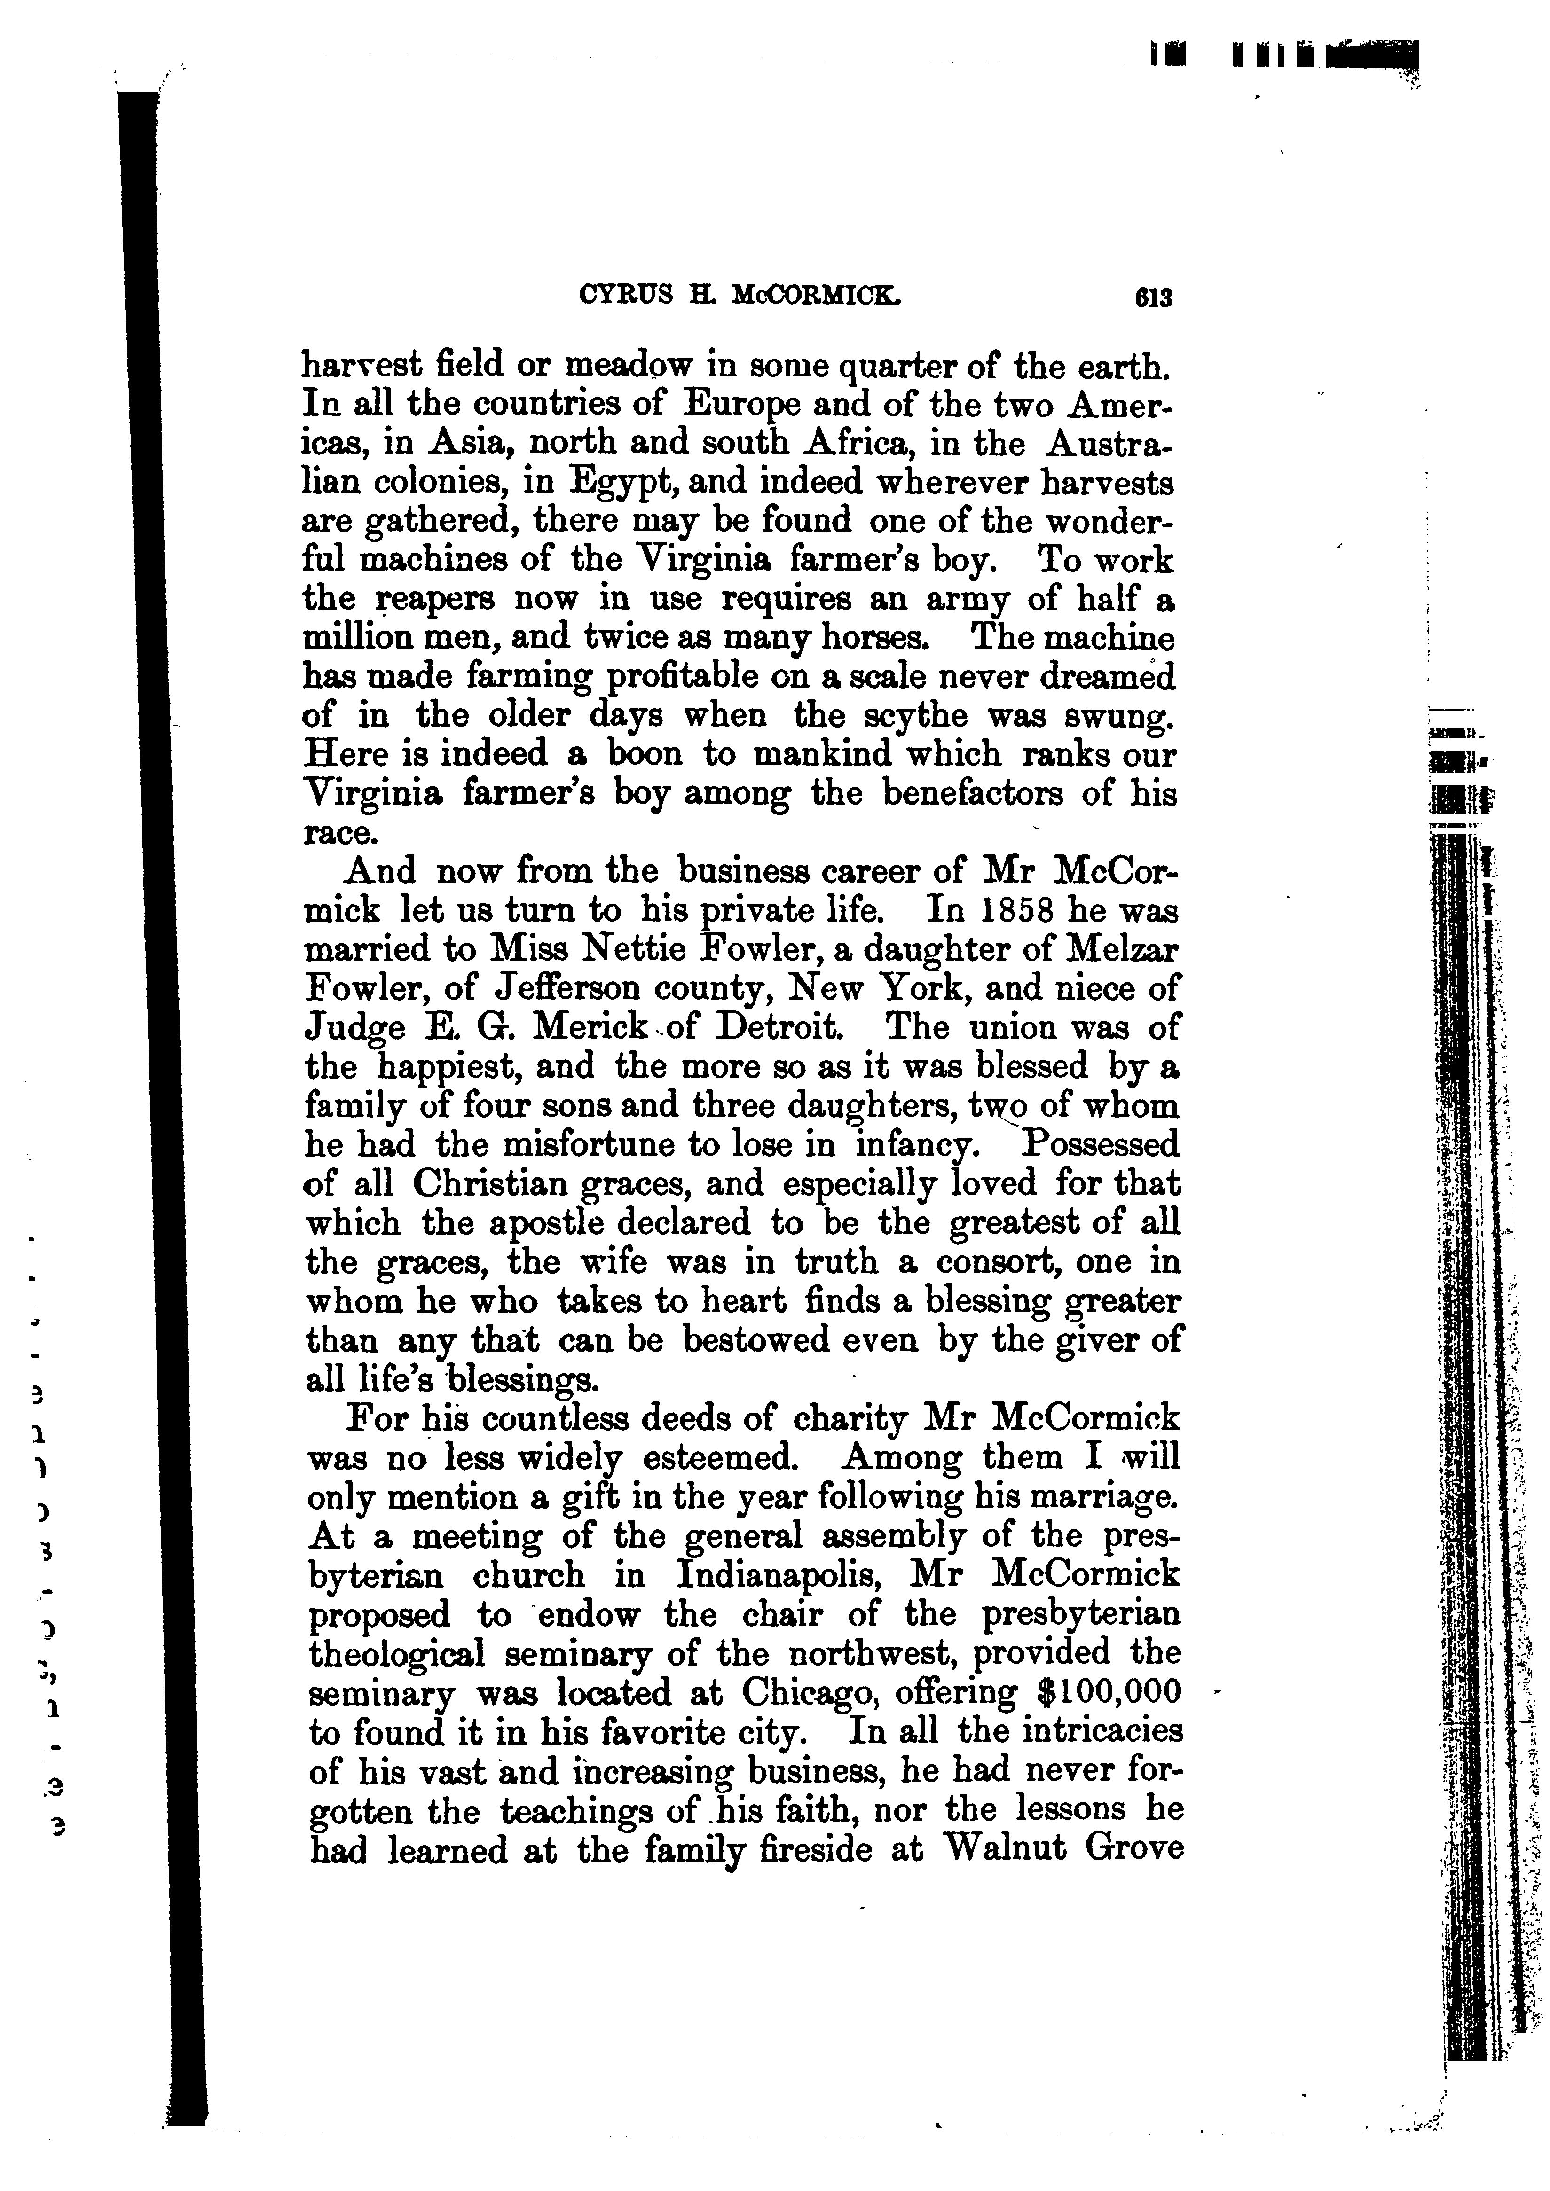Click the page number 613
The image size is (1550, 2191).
(x=1152, y=298)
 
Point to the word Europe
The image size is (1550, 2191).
(x=740, y=406)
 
